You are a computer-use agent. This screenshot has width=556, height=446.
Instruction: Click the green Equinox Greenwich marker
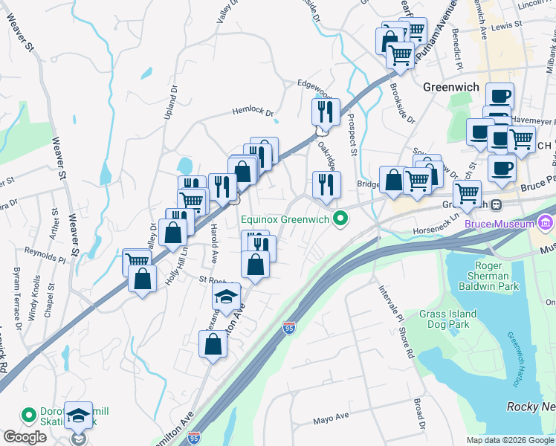(341, 219)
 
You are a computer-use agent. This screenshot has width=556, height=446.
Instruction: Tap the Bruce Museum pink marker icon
(547, 223)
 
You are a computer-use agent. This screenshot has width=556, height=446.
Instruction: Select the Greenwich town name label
(450, 86)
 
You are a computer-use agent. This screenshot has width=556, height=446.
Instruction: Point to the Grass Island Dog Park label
(456, 320)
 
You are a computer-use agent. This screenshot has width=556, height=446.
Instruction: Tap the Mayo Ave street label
(331, 418)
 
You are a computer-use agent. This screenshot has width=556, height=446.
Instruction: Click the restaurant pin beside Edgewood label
(325, 111)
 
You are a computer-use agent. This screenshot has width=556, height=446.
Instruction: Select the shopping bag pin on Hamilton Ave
(213, 343)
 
